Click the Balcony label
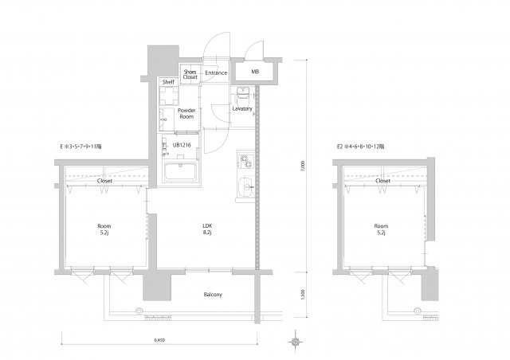click(212, 295)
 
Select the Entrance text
click(216, 73)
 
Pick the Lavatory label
click(243, 108)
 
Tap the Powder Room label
click(187, 114)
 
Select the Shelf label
click(168, 81)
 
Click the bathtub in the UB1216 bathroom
click(181, 173)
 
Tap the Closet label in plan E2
click(382, 181)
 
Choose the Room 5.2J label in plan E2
click(382, 229)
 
